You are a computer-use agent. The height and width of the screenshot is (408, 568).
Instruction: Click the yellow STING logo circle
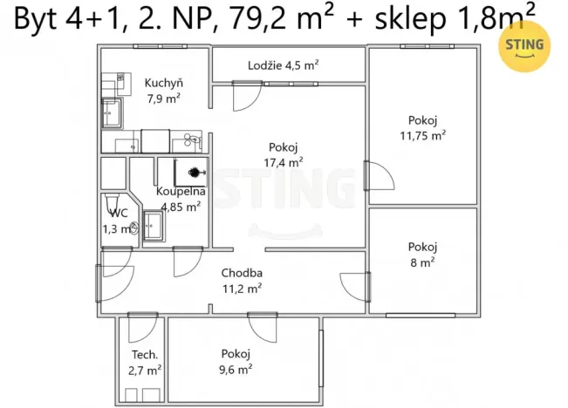click(523, 46)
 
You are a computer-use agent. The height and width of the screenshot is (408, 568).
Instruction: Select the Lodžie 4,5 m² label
click(283, 65)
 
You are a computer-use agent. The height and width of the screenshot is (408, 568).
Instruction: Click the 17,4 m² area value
click(285, 161)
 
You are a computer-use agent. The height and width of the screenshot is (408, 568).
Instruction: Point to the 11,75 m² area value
click(422, 135)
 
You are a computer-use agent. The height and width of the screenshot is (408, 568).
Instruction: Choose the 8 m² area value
click(422, 261)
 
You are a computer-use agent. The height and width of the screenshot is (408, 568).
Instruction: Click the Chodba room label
click(241, 273)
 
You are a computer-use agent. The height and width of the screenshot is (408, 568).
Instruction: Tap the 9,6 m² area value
click(236, 369)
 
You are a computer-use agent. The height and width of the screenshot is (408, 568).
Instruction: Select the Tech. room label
click(145, 355)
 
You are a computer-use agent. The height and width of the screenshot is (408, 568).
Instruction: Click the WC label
click(119, 213)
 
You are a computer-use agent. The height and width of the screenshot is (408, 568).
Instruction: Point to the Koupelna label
click(181, 191)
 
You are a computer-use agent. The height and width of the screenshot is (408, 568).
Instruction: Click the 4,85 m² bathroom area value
click(181, 207)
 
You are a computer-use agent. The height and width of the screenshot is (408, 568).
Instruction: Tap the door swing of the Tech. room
click(140, 329)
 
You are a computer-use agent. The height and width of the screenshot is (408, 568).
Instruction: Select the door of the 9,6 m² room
click(263, 327)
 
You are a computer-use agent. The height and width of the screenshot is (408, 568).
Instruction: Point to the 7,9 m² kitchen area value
click(163, 99)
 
